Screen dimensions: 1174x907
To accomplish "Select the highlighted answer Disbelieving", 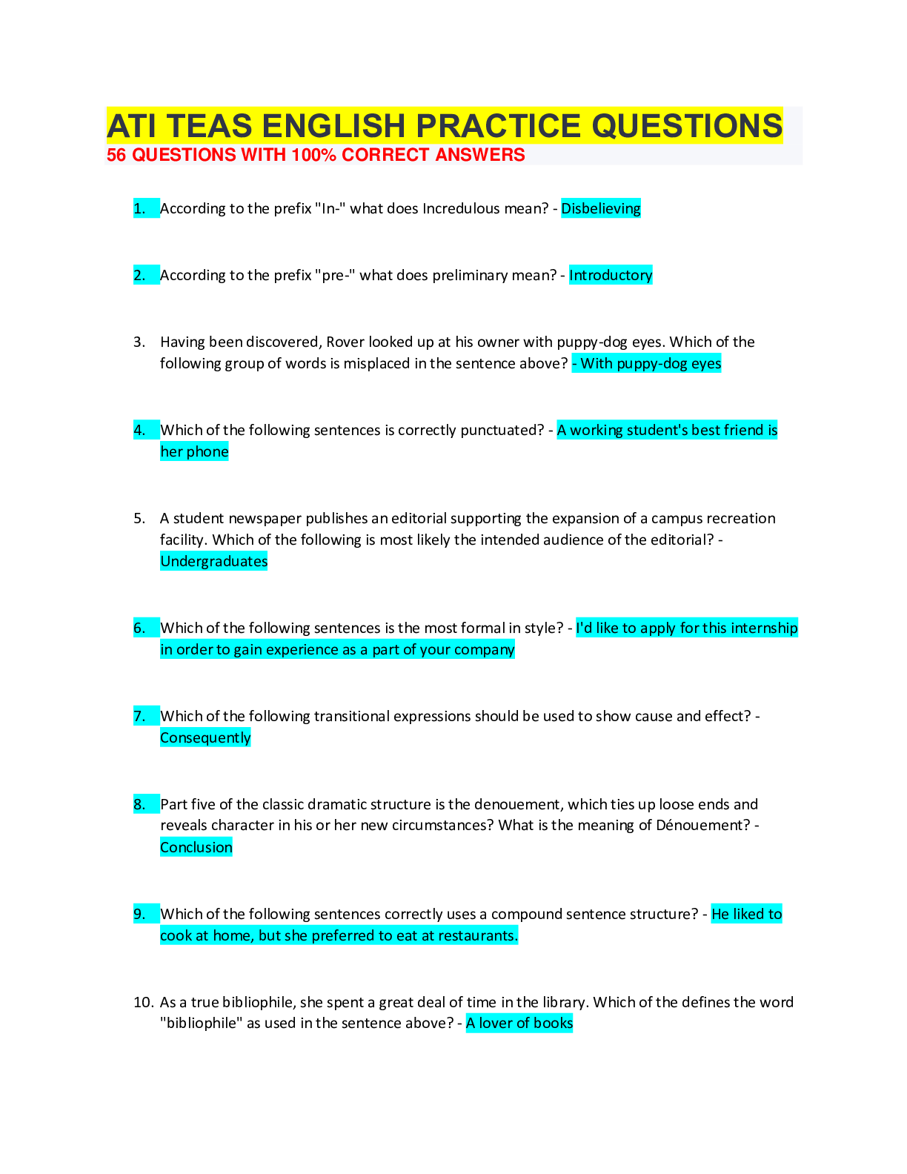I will click(x=600, y=208).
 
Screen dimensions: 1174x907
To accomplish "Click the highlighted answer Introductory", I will click(x=611, y=275).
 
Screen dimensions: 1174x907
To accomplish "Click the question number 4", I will click(x=139, y=430).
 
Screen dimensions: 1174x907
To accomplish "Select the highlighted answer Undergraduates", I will click(x=213, y=561).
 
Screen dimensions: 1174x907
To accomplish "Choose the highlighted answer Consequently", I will click(x=205, y=737).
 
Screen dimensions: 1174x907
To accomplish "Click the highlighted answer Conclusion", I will click(x=196, y=847).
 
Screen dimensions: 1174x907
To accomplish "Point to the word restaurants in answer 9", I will click(x=478, y=935).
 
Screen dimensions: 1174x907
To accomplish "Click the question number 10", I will click(x=143, y=1002).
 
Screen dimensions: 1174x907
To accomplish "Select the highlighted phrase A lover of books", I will click(x=519, y=1023).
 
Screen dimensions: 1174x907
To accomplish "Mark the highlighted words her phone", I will click(x=194, y=451).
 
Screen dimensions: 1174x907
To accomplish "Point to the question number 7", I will click(x=139, y=716).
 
